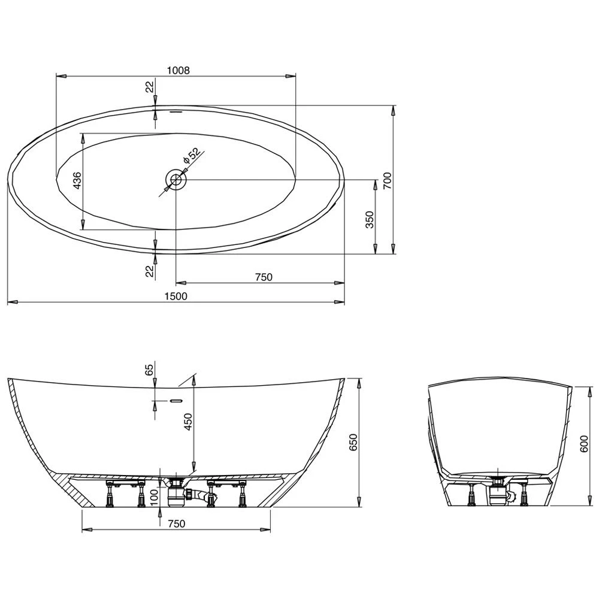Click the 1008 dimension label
click(x=178, y=69)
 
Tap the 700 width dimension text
click(x=387, y=179)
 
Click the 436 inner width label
click(x=76, y=180)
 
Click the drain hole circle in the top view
click(x=176, y=179)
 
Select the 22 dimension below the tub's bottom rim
click(x=150, y=271)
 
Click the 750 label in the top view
click(x=264, y=277)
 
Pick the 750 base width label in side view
click(x=176, y=524)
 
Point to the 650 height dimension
click(x=353, y=441)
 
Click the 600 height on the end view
click(x=585, y=444)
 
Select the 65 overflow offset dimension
click(x=150, y=369)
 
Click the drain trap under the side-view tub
click(x=179, y=491)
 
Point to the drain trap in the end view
click(x=498, y=493)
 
